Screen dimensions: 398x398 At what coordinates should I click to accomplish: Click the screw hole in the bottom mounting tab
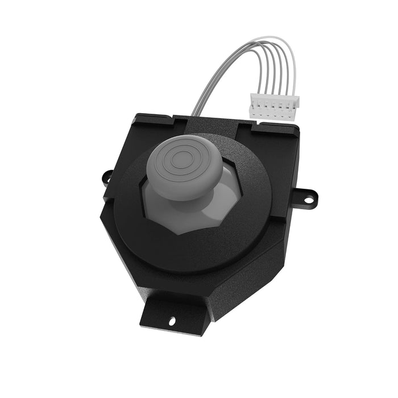coord(172,322)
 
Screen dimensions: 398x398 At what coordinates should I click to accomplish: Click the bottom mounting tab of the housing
coord(171,316)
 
